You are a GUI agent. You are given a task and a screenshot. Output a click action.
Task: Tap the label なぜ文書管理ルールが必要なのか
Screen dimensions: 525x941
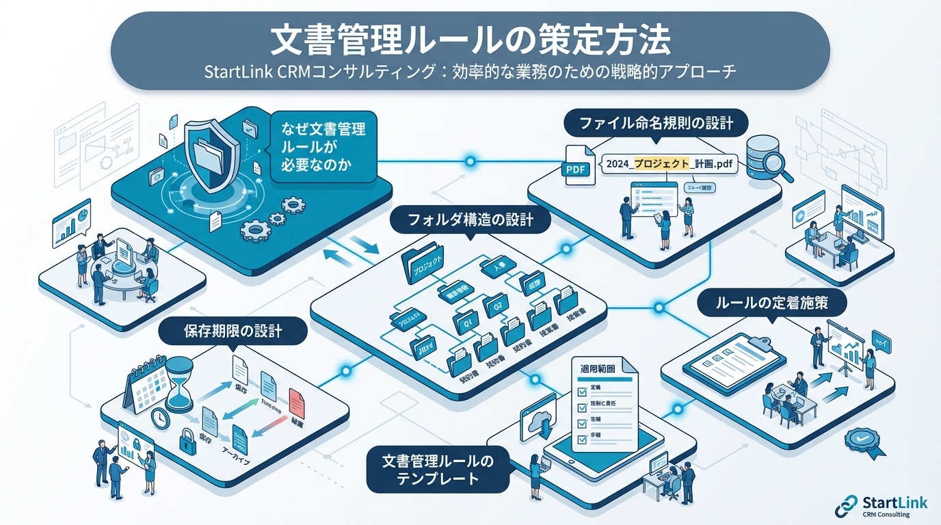[323, 146]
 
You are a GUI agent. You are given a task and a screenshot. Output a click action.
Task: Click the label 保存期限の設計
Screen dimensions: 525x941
[233, 332]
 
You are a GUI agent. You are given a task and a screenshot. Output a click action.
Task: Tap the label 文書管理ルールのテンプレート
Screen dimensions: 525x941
[437, 470]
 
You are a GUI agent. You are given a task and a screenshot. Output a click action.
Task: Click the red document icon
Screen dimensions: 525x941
[295, 401]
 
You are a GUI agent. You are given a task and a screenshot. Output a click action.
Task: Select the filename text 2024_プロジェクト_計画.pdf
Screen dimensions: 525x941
[663, 164]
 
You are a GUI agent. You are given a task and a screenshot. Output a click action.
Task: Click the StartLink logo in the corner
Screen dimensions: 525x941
[882, 507]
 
